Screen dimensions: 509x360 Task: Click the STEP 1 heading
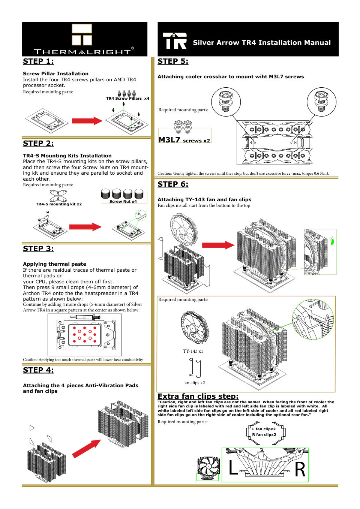(x=38, y=61)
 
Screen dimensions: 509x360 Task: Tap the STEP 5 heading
(x=173, y=61)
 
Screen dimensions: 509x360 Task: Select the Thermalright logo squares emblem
(x=82, y=34)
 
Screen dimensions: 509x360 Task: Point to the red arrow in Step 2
(x=85, y=227)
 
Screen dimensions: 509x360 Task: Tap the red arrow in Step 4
(x=87, y=448)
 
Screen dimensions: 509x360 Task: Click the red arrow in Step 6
(x=218, y=245)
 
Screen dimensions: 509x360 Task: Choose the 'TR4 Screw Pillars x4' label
(x=127, y=99)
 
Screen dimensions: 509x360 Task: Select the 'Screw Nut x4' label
(x=123, y=202)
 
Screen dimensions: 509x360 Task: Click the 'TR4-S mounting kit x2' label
(x=59, y=204)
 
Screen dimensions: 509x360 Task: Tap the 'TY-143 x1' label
(x=193, y=351)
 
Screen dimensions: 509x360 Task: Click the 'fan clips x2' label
(x=194, y=383)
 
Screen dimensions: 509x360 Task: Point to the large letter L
(x=233, y=468)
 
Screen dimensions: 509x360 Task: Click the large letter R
(x=300, y=470)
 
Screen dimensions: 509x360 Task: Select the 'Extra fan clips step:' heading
(x=198, y=396)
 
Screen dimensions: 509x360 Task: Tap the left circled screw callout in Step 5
(x=225, y=101)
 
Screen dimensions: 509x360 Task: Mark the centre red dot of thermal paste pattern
(x=85, y=334)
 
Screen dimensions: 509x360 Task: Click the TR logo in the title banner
(x=174, y=41)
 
